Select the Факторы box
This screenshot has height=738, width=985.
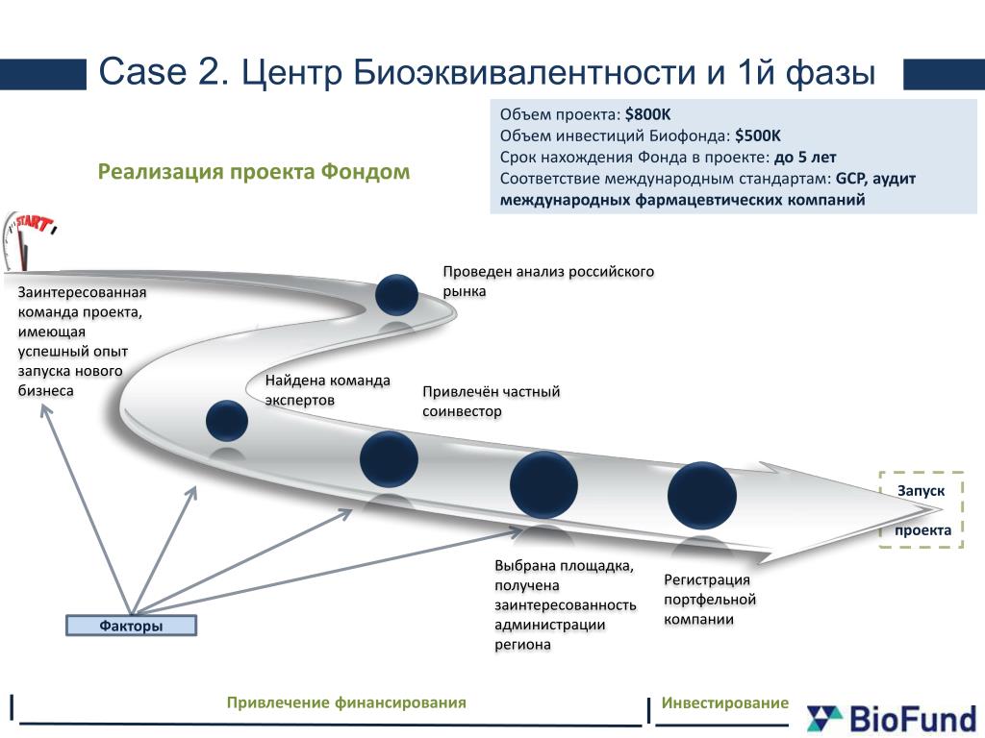pyautogui.click(x=131, y=627)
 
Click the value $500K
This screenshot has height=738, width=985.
pyautogui.click(x=758, y=135)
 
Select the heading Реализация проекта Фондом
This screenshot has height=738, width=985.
pyautogui.click(x=254, y=172)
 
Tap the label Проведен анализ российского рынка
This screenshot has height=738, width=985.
pyautogui.click(x=548, y=281)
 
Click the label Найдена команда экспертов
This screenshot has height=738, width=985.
pyautogui.click(x=328, y=389)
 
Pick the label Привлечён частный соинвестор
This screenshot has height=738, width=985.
pyautogui.click(x=491, y=402)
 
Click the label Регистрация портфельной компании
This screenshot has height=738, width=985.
pyautogui.click(x=710, y=600)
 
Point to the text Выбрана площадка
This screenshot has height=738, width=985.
pyautogui.click(x=564, y=565)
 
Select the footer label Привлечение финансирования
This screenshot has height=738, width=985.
pyautogui.click(x=346, y=702)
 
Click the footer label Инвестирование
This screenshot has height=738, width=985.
pyautogui.click(x=724, y=702)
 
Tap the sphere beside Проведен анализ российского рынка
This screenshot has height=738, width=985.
pyautogui.click(x=396, y=295)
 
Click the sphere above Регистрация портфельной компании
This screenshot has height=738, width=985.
pyautogui.click(x=702, y=496)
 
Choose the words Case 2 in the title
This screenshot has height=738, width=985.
pyautogui.click(x=163, y=72)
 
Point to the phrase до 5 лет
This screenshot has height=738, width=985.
pyautogui.click(x=805, y=157)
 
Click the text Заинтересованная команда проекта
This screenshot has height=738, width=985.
pyautogui.click(x=82, y=302)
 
